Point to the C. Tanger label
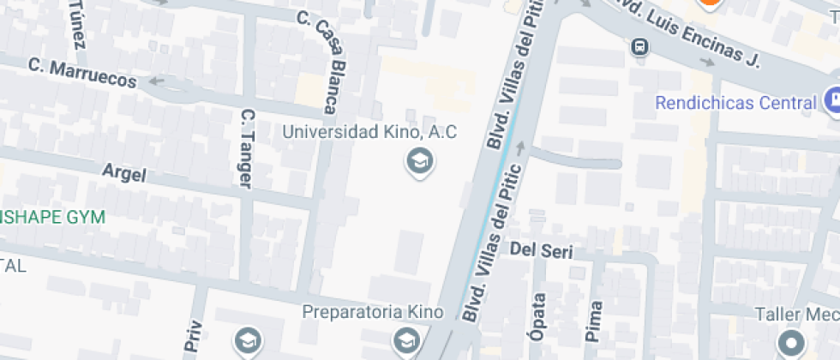247,147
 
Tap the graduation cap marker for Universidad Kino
419,160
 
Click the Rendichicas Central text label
735,103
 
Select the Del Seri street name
541,250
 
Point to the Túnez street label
76,23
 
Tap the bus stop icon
639,46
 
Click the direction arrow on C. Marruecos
157,81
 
